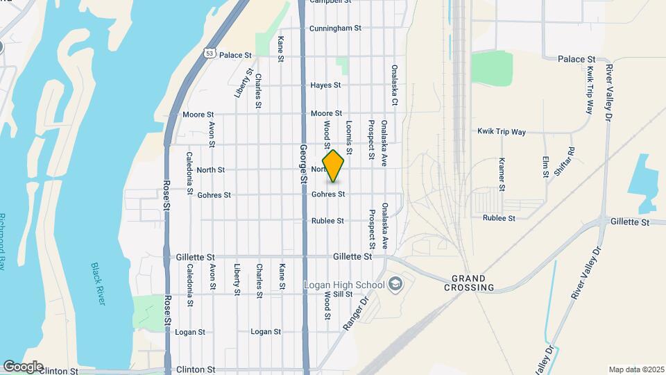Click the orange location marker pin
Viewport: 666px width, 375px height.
[x=334, y=165]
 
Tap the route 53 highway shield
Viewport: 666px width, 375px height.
[x=210, y=53]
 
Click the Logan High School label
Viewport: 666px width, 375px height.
[x=344, y=284]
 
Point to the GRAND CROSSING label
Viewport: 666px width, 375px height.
[x=470, y=282]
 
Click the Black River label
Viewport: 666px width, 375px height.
[x=99, y=283]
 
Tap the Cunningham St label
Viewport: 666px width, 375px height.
[x=336, y=28]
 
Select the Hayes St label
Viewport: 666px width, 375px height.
[x=325, y=85]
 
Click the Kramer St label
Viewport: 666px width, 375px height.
[x=502, y=174]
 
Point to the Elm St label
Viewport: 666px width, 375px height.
[x=546, y=165]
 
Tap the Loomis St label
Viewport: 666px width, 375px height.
[x=348, y=136]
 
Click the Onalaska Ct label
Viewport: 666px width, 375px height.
[x=394, y=85]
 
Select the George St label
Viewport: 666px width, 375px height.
[x=303, y=163]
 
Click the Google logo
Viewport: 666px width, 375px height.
[x=23, y=367]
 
